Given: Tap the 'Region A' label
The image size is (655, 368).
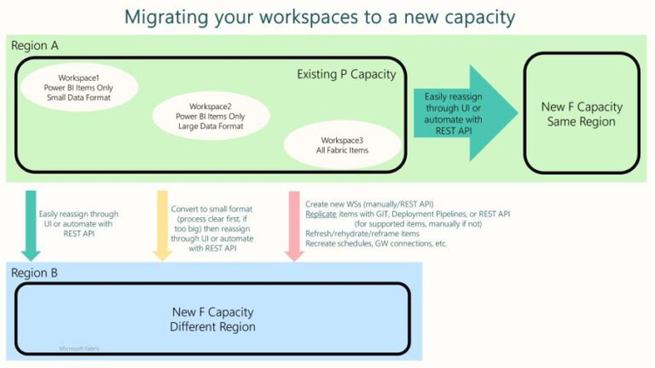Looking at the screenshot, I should point(34,44).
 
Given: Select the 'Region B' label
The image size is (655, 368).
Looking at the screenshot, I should point(34,273).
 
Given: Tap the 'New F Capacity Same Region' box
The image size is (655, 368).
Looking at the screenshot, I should point(582,113).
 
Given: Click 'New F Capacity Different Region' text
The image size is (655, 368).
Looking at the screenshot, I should point(213,318).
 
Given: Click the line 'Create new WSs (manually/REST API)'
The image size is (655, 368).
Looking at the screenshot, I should point(372,203).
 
